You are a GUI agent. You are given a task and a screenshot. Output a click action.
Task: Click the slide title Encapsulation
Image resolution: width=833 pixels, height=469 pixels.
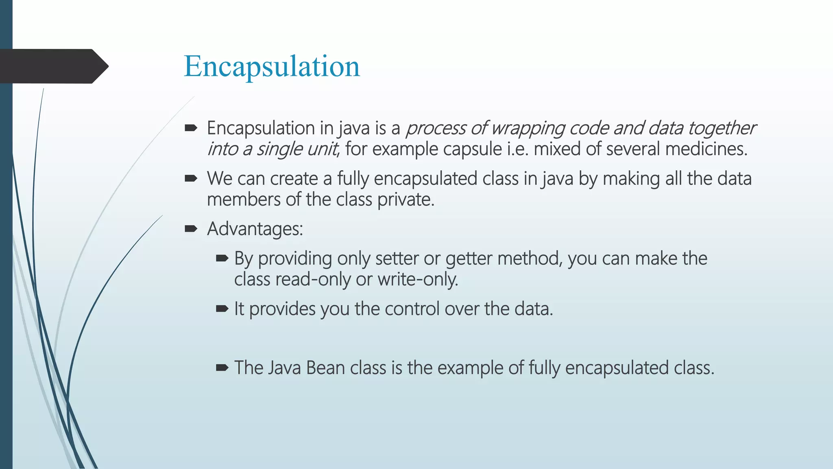click(272, 66)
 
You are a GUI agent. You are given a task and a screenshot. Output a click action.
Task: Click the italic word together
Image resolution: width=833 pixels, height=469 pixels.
click(722, 128)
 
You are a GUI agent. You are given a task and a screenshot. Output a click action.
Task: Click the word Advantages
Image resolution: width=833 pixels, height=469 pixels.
click(255, 229)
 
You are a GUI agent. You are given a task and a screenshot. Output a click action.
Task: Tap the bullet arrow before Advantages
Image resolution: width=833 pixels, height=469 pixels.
click(191, 229)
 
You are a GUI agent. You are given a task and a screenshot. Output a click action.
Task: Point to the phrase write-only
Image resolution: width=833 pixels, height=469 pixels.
click(417, 280)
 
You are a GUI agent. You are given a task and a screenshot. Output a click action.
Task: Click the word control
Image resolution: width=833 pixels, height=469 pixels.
click(412, 309)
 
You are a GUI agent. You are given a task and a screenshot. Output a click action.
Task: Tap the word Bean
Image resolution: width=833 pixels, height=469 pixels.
click(325, 368)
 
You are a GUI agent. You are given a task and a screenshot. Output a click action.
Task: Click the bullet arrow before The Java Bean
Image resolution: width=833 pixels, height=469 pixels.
click(222, 368)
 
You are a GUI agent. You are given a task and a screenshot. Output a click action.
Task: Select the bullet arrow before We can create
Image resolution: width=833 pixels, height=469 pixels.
click(191, 178)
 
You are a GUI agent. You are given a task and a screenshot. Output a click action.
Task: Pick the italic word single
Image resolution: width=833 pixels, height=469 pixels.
click(279, 149)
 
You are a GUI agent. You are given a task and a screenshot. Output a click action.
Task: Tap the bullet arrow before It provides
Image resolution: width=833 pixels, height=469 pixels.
click(222, 309)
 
